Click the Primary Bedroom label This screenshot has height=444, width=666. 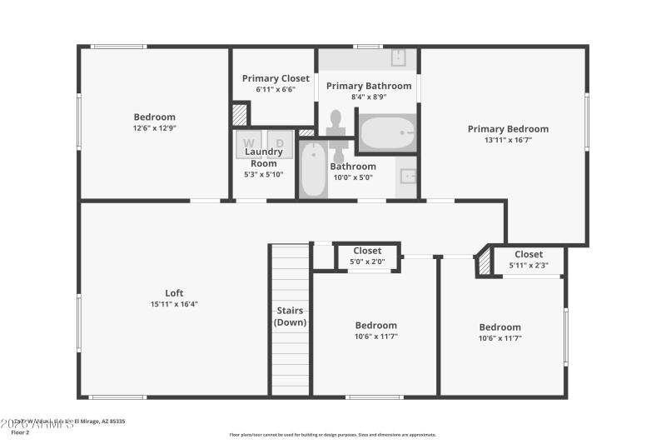pyautogui.click(x=508, y=128)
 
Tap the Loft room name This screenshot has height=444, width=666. pyautogui.click(x=174, y=292)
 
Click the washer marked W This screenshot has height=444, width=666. pyautogui.click(x=248, y=144)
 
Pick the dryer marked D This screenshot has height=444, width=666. pyautogui.click(x=280, y=144)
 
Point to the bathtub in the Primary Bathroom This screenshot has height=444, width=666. pyautogui.click(x=386, y=132)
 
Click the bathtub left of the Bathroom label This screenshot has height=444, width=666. pyautogui.click(x=313, y=170)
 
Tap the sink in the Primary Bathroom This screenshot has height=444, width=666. pyautogui.click(x=399, y=57)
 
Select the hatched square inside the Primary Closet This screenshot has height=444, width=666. pyautogui.click(x=240, y=114)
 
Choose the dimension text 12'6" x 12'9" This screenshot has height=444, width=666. pyautogui.click(x=155, y=128)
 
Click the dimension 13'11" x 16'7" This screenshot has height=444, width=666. pyautogui.click(x=508, y=140)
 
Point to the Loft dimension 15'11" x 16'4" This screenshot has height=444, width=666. pyautogui.click(x=174, y=304)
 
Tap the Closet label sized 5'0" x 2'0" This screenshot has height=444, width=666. pyautogui.click(x=367, y=251)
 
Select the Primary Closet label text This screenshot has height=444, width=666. pyautogui.click(x=276, y=78)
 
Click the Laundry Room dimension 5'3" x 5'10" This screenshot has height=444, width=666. pyautogui.click(x=264, y=174)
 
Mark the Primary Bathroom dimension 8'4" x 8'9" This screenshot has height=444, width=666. pyautogui.click(x=368, y=97)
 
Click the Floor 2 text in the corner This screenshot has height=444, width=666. pyautogui.click(x=19, y=433)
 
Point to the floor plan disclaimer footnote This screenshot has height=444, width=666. pyautogui.click(x=332, y=434)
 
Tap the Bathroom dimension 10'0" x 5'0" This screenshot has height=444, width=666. pyautogui.click(x=353, y=177)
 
